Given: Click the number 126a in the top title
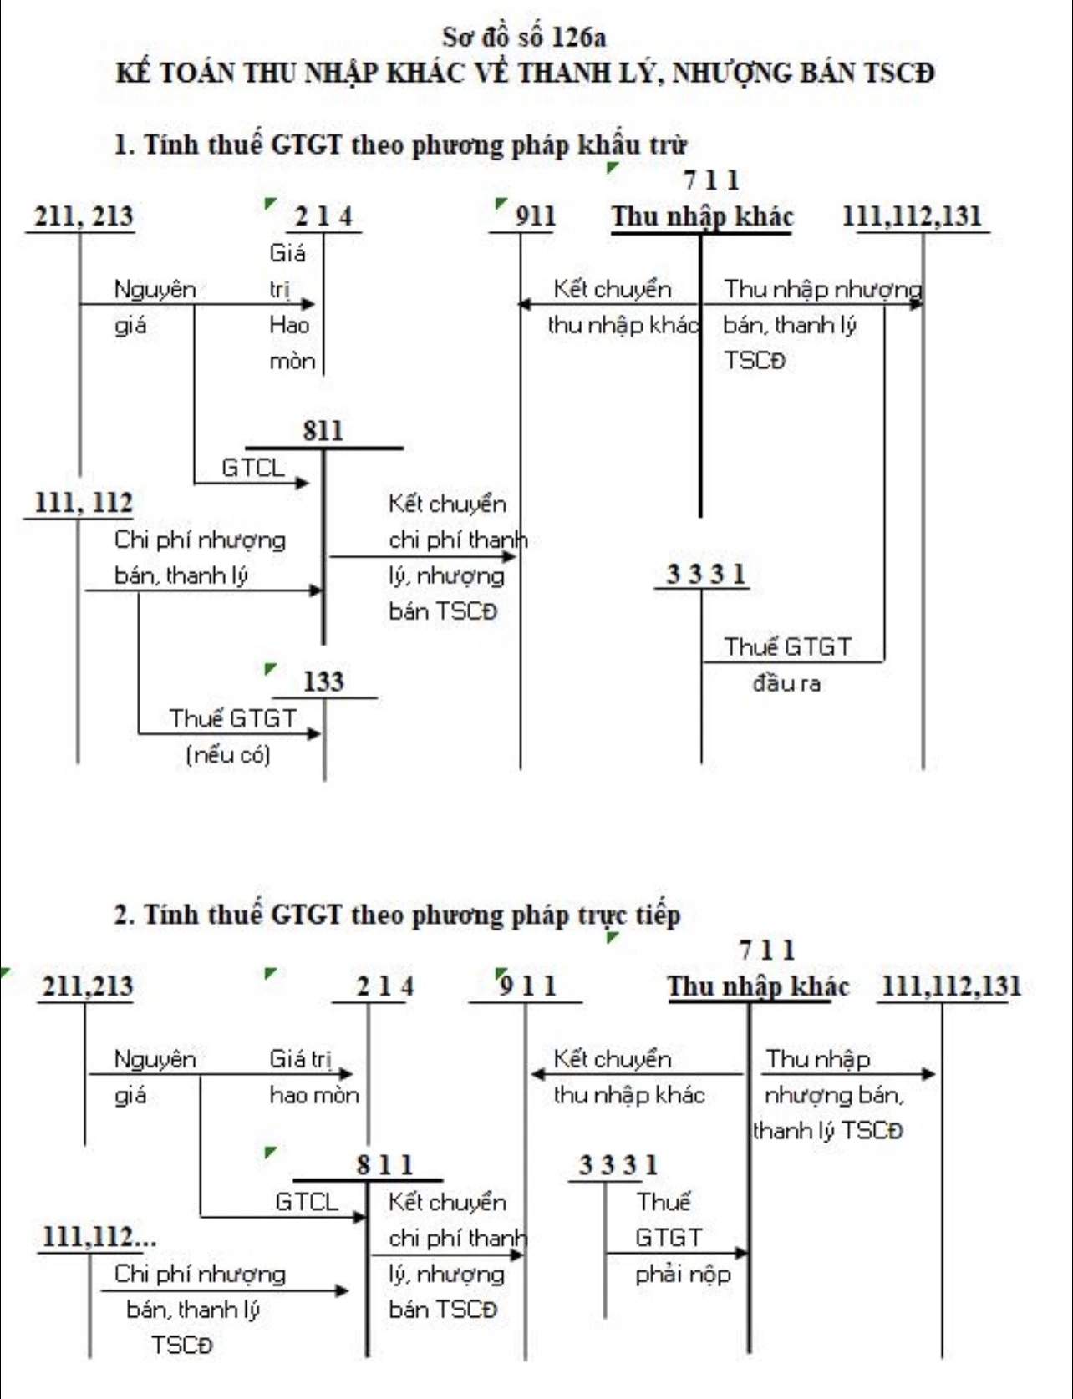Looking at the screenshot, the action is pos(579,37).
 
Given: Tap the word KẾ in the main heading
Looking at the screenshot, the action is pos(132,72).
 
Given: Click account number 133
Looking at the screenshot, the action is pos(323,682).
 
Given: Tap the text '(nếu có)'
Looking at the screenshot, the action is pos(228,755).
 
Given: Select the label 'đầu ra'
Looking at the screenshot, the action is pos(786,683).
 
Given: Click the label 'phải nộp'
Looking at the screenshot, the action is pos(683,1275).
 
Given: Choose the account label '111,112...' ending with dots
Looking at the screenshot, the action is pos(99,1237).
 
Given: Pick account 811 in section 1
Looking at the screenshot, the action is pos(323,431).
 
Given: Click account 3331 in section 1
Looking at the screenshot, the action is pos(705,575).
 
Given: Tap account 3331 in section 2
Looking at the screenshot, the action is pos(618,1165).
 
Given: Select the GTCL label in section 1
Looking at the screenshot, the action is pos(253,468).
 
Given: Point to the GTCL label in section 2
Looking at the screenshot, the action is pos(307,1202).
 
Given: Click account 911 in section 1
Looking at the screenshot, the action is pos(536,216).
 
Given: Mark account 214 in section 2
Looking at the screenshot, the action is pos(384,986).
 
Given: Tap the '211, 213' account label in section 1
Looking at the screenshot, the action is pos(84,216).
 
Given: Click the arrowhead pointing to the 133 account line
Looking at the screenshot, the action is pos(314,734).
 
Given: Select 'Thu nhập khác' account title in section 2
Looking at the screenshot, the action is pos(758,986).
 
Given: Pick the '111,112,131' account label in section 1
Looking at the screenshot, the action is pos(912,216).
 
